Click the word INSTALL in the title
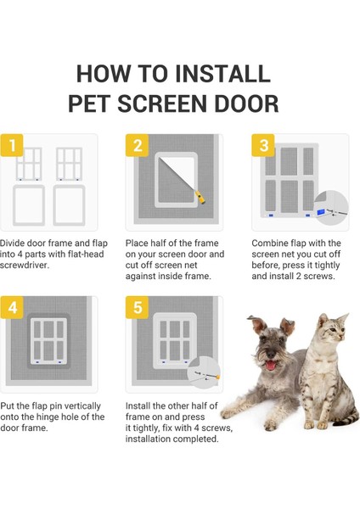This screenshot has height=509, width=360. pos(222,73)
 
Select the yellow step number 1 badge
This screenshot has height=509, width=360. pos(12,145)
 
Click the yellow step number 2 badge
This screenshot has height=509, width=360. pos(138,145)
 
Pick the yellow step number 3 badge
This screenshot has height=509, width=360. pos(263,145)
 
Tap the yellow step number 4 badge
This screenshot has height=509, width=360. pos(12,307)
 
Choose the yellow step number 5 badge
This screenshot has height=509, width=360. pos(138,307)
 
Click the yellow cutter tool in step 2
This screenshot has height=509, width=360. pos(200,197)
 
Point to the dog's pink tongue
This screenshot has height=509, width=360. pos(271,366)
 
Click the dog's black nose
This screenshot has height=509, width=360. pos(270,354)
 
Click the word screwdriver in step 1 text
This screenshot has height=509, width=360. pos(25,266)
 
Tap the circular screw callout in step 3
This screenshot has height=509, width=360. pos(331,208)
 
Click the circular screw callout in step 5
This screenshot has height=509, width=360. pos(204,372)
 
